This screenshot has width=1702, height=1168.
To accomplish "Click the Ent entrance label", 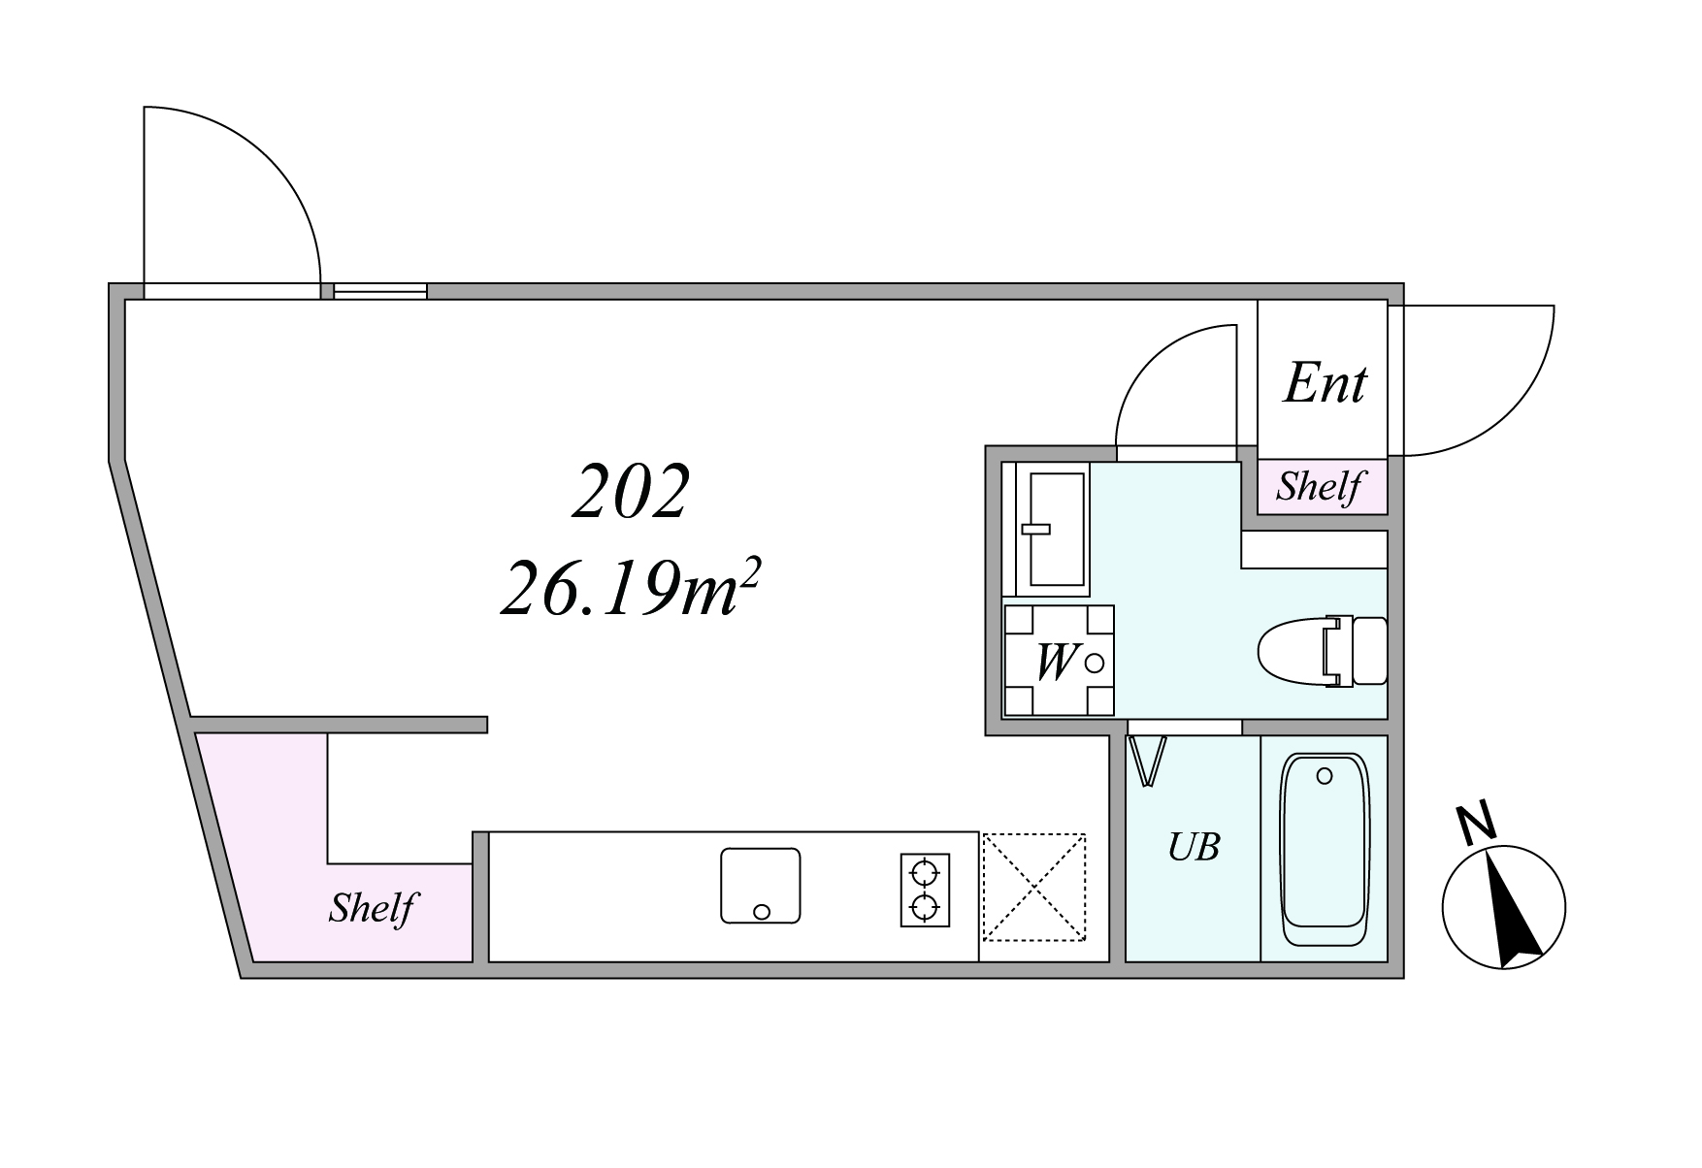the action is pos(1325,383).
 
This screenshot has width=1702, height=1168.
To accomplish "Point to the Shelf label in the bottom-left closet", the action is pos(372,908).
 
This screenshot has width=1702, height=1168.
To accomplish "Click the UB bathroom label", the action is pos(1194,847).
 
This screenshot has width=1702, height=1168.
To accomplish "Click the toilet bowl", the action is pos(1322,652).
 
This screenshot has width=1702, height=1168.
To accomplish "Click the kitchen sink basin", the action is pos(761,885).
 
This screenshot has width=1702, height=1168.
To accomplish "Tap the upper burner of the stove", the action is pos(925,871).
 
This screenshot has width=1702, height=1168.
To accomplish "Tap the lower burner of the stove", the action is pos(925,908).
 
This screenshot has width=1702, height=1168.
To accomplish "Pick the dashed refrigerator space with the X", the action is pos(1033,887).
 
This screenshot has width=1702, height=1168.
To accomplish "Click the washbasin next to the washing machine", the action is pos(1055,529).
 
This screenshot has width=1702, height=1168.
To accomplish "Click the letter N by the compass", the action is pos(1477,824).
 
